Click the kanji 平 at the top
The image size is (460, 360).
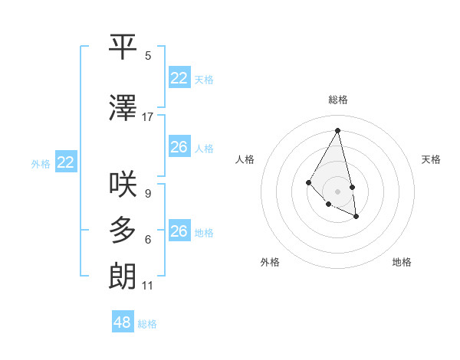pyautogui.click(x=123, y=47)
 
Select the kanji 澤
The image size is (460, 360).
pyautogui.click(x=123, y=109)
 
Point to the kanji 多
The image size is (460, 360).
pyautogui.click(x=123, y=231)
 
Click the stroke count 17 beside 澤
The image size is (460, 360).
pyautogui.click(x=148, y=117)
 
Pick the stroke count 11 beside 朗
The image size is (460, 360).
pyautogui.click(x=148, y=286)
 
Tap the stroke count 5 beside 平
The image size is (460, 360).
pyautogui.click(x=148, y=56)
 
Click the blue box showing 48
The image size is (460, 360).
pyautogui.click(x=123, y=322)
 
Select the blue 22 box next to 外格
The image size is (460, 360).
pyautogui.click(x=66, y=162)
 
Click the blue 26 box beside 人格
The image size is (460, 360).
pyautogui.click(x=179, y=147)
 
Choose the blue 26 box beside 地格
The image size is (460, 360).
pyautogui.click(x=179, y=231)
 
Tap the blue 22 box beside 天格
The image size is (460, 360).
pyautogui.click(x=179, y=78)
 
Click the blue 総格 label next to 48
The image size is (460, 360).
pyautogui.click(x=147, y=324)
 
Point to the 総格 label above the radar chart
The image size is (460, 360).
pyautogui.click(x=338, y=100)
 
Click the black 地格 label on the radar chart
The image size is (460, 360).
pyautogui.click(x=402, y=262)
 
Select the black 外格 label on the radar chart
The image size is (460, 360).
pyautogui.click(x=270, y=262)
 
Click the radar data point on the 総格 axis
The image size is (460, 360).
pyautogui.click(x=338, y=130)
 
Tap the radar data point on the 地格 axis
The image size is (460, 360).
pyautogui.click(x=356, y=217)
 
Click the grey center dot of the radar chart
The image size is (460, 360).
pyautogui.click(x=338, y=191)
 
